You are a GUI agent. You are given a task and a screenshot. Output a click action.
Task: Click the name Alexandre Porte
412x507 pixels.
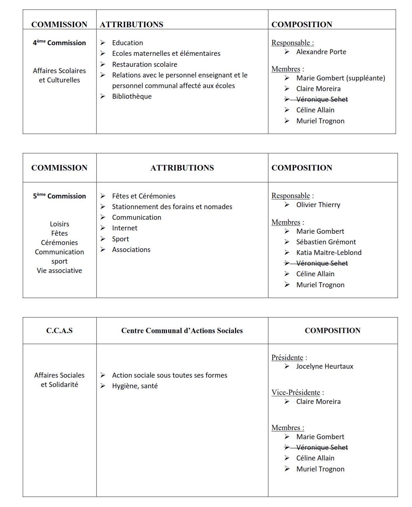321,52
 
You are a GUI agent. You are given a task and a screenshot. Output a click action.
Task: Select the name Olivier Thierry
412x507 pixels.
318,205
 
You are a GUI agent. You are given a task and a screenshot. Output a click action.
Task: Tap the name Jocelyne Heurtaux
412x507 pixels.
325,366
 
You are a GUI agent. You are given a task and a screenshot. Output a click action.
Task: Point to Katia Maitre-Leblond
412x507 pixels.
329,253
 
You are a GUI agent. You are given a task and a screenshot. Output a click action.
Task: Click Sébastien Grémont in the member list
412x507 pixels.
326,242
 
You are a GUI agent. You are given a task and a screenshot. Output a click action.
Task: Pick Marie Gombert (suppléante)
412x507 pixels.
341,78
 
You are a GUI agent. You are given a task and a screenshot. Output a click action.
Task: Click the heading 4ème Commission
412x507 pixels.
59,43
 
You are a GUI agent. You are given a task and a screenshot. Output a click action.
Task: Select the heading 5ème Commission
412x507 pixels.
59,196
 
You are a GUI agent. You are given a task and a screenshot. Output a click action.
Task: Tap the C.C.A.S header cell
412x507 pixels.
59,330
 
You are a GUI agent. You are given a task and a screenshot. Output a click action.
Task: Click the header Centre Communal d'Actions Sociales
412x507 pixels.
182,330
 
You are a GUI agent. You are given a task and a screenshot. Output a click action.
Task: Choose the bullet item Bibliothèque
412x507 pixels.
132,96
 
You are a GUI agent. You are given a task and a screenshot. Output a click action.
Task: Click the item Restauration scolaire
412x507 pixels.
144,64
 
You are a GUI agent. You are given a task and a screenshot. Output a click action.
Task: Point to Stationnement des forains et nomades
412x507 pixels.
172,207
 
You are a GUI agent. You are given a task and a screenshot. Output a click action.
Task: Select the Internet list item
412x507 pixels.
124,228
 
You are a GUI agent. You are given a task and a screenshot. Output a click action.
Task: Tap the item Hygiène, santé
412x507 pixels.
135,386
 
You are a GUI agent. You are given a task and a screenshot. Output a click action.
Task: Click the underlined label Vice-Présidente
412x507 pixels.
296,393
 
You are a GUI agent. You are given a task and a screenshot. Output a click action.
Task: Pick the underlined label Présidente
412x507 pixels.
287,358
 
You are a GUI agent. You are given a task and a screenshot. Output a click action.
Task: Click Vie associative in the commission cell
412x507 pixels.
59,271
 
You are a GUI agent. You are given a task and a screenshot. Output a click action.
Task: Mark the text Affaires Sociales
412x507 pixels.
59,375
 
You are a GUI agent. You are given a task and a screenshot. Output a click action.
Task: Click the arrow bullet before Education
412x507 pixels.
103,43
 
